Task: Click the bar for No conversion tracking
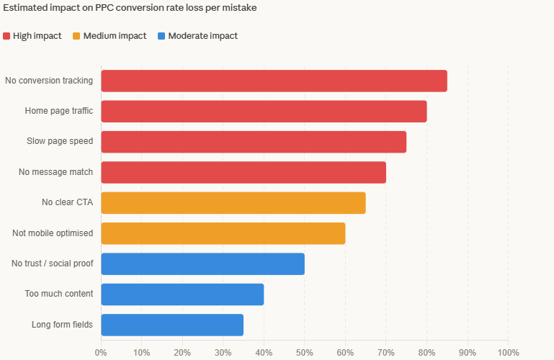pos(274,81)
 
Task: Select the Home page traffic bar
pos(264,112)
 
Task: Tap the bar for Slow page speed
pos(254,142)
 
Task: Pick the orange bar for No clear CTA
pos(233,203)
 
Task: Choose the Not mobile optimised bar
pos(223,233)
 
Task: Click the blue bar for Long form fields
pos(172,325)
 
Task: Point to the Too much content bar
pos(182,294)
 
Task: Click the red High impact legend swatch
pos(6,36)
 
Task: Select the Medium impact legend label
pos(115,36)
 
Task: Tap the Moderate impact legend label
pos(202,36)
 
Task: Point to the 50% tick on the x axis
pos(305,353)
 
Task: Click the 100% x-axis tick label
pos(508,353)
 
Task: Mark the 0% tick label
pos(101,353)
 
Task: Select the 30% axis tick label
pos(223,353)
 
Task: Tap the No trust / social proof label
pos(52,264)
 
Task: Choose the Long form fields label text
pos(62,325)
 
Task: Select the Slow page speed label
pos(60,142)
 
